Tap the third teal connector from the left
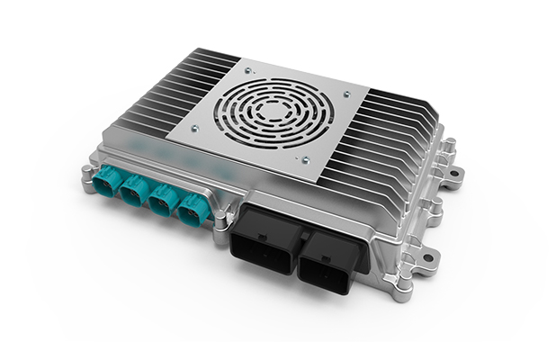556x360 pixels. [163, 202]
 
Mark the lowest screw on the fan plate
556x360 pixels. [306, 162]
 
